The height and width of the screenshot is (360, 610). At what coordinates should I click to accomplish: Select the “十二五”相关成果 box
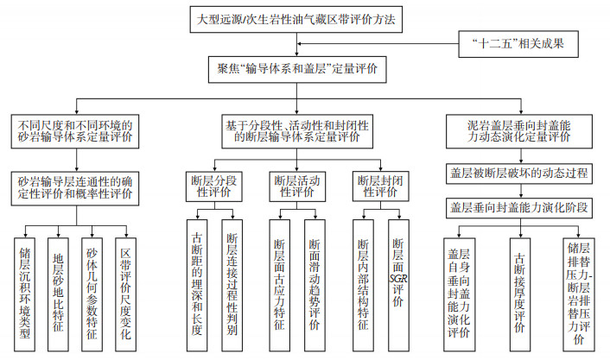point(528,41)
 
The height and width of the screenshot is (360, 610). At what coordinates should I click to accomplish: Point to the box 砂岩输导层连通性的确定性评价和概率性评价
point(75,187)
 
